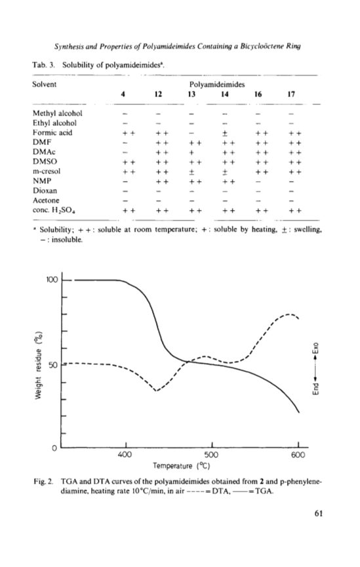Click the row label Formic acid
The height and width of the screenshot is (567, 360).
point(52,133)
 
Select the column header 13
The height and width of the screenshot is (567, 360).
point(191,94)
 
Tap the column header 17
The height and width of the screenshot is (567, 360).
point(291,94)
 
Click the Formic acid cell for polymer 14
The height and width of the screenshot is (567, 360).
point(224,133)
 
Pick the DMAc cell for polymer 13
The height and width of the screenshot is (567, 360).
point(192,152)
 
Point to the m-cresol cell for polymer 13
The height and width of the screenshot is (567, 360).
point(192,172)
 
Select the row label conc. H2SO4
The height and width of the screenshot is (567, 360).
point(54,211)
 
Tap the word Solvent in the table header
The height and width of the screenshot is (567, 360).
point(44,84)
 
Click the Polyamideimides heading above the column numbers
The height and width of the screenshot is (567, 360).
point(217,85)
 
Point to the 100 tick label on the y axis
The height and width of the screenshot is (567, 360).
point(52,280)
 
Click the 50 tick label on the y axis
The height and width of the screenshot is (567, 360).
point(53,365)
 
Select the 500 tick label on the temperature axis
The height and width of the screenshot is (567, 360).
point(211,454)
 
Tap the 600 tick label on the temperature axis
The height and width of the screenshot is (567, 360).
point(298,454)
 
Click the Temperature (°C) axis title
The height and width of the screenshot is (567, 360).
point(182,465)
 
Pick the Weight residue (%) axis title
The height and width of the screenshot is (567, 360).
point(39,366)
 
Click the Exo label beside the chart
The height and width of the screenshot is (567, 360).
point(316,348)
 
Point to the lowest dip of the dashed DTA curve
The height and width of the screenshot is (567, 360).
point(156,391)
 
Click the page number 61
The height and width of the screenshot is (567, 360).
point(319,513)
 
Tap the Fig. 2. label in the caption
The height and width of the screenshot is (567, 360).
point(43,482)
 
